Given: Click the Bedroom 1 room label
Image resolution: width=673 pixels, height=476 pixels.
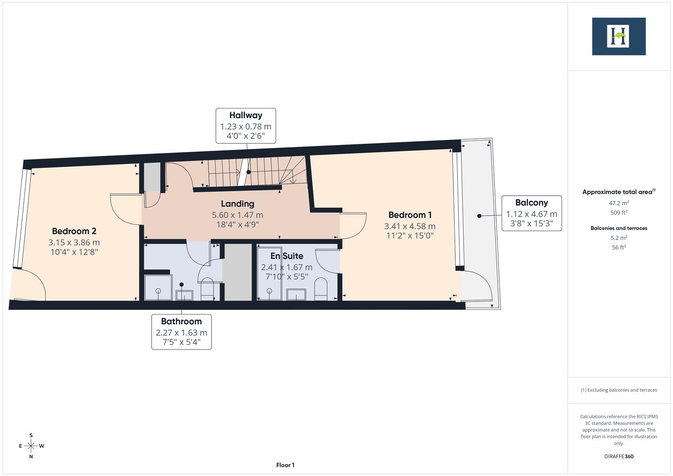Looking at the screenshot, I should pyautogui.click(x=410, y=215).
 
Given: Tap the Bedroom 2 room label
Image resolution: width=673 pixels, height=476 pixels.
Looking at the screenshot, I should pyautogui.click(x=74, y=231).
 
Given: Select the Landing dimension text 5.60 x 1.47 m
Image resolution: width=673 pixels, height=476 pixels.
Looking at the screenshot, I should pyautogui.click(x=238, y=215).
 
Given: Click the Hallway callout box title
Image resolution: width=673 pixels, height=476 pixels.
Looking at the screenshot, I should pyautogui.click(x=245, y=115).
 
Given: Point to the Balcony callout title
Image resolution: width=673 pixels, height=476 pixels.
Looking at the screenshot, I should pyautogui.click(x=532, y=203).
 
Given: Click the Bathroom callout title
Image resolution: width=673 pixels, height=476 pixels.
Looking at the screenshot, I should pyautogui.click(x=181, y=321).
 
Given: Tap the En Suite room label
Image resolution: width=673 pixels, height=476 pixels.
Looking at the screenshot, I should pyautogui.click(x=286, y=256).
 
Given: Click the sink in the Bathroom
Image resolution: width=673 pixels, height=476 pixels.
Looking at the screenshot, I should pyautogui.click(x=184, y=295).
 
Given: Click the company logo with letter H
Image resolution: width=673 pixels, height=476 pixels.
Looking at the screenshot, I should pyautogui.click(x=618, y=36).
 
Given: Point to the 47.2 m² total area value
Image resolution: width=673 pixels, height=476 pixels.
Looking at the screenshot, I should pyautogui.click(x=619, y=203).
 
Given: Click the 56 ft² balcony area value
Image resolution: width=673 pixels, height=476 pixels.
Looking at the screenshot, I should pyautogui.click(x=619, y=247).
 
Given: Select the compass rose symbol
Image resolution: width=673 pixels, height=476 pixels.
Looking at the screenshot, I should pyautogui.click(x=31, y=446).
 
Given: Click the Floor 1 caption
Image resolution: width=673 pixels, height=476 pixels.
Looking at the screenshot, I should pyautogui.click(x=285, y=465).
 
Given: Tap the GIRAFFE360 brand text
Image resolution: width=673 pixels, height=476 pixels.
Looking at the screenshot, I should pyautogui.click(x=619, y=456).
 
